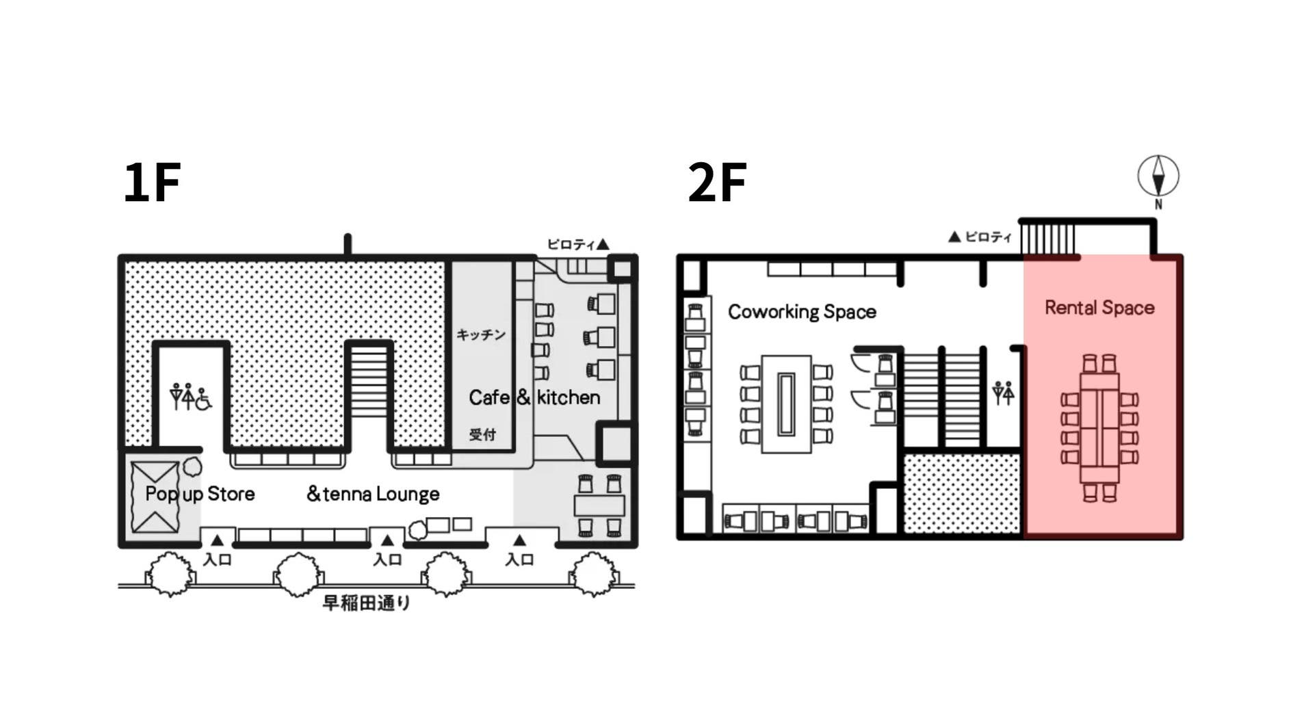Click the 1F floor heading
[152, 183]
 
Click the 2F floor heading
[716, 183]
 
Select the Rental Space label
[1099, 308]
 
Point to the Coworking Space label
[802, 312]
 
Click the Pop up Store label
[200, 494]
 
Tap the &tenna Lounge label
[373, 494]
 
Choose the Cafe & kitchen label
[534, 397]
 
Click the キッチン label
[481, 334]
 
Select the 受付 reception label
[482, 434]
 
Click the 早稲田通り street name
[366, 603]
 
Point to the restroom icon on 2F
[1003, 393]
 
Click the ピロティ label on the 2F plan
[980, 237]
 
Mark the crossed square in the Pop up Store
[155, 497]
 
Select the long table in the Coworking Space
[787, 404]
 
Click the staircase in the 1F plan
[369, 397]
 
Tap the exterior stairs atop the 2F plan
[1047, 239]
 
